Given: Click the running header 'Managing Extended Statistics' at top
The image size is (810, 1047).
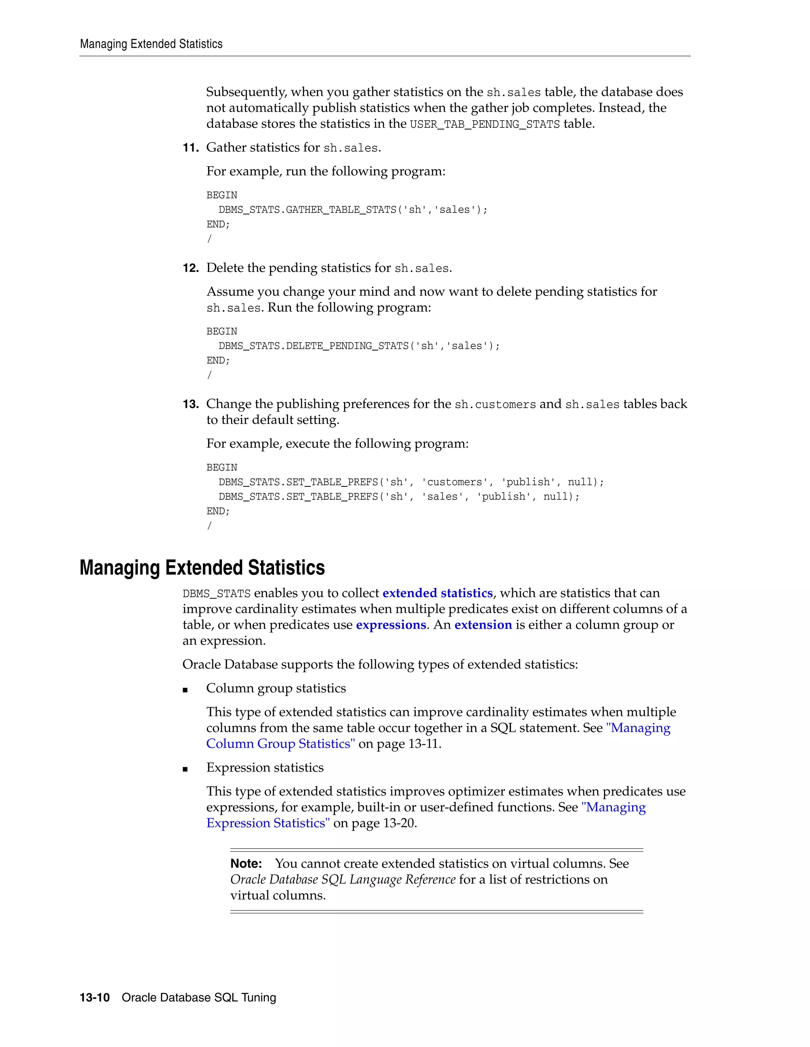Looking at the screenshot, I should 151,44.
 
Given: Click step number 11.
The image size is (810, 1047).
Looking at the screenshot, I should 191,148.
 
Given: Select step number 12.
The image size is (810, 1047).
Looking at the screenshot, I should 191,268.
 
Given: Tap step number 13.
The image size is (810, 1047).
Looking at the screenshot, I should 191,404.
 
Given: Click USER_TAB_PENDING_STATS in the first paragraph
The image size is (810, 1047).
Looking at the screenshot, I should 484,124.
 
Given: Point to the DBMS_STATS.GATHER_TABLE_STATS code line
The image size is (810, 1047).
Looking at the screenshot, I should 353,209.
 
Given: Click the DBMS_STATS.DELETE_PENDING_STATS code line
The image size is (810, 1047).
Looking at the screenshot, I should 359,346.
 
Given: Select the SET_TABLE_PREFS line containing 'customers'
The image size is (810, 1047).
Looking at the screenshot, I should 411,482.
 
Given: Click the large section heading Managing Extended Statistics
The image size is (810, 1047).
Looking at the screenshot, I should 202,568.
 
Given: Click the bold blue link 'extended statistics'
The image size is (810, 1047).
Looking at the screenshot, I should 437,593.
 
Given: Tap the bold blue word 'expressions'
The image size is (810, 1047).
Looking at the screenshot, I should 391,625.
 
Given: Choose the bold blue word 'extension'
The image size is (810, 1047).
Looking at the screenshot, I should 483,625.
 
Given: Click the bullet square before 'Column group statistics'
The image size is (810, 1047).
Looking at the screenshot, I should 185,690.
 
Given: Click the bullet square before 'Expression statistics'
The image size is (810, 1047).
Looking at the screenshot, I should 185,769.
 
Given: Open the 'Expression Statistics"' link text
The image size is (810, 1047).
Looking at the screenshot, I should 268,823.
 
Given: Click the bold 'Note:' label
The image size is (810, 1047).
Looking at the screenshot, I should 246,863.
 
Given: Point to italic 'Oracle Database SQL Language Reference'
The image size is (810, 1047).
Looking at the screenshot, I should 343,879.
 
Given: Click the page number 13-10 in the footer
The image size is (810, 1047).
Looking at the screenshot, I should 95,998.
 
